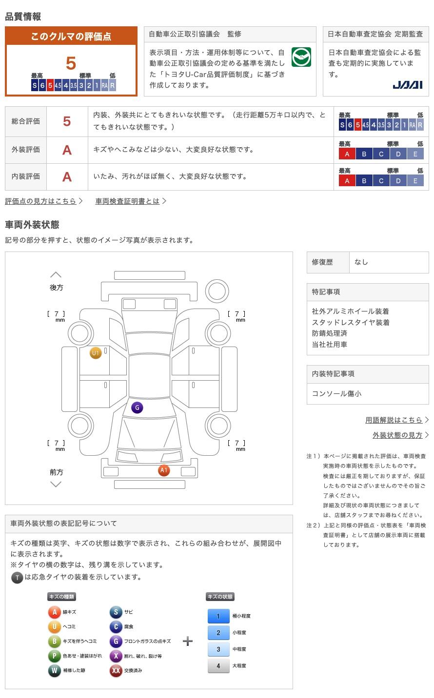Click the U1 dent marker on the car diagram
point(96,353)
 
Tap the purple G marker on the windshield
point(137,407)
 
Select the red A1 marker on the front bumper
point(164,470)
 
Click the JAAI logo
point(407,85)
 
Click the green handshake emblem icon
point(301,58)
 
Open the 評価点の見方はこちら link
point(41,201)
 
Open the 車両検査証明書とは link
point(128,201)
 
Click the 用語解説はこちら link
point(394,420)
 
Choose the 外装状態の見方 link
point(397,435)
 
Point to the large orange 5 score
point(71,63)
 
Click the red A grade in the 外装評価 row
point(67,150)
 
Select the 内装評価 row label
point(26,176)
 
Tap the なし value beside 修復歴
point(361,262)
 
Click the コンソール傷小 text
point(336,393)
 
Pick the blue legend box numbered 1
point(218,616)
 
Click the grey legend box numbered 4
point(218,666)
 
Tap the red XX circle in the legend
point(116,671)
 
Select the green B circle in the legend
point(54,641)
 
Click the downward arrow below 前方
point(56,484)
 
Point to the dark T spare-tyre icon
point(17,578)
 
